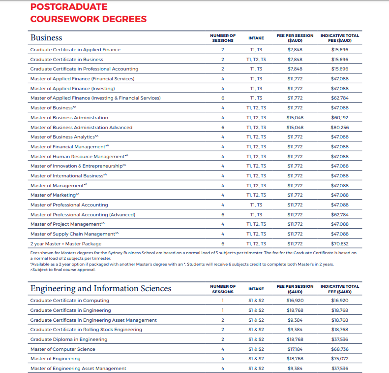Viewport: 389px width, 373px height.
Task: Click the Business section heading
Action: (46, 37)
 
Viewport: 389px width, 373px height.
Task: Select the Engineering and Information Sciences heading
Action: (100, 288)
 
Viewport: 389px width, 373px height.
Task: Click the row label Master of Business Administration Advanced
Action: (81, 127)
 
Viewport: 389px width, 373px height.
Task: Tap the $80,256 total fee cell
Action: (339, 127)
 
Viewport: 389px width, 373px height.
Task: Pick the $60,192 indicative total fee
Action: (339, 117)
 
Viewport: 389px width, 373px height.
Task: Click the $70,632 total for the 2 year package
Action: (339, 243)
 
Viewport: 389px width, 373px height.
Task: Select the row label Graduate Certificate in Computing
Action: (69, 300)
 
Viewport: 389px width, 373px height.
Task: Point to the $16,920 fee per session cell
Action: (295, 300)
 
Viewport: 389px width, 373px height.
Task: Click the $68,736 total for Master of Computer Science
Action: (339, 349)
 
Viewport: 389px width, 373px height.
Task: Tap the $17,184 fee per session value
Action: (295, 349)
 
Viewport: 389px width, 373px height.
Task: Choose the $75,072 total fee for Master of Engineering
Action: (339, 358)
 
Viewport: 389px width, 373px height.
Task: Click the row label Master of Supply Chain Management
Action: (74, 234)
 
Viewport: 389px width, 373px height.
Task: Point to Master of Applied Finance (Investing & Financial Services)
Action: (95, 98)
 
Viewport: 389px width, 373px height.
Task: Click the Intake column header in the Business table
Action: (256, 38)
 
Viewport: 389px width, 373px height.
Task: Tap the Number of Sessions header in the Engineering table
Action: (223, 289)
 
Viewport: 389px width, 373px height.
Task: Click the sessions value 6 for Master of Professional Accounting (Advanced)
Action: (223, 214)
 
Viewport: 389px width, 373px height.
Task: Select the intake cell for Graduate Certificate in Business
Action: (256, 59)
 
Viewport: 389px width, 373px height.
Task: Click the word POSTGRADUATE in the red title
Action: (69, 7)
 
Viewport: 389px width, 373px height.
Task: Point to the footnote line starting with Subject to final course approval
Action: (63, 270)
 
